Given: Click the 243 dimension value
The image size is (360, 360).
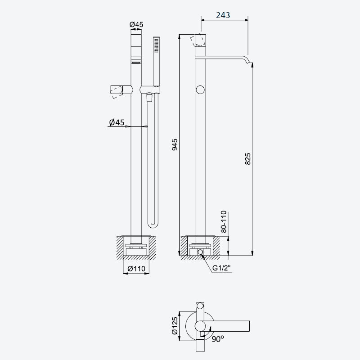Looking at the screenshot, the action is click(223, 15).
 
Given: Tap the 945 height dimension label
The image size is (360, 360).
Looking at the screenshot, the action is click(175, 144).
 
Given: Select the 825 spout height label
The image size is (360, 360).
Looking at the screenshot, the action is click(248, 159).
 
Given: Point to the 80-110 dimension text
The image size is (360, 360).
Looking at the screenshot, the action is click(223, 221).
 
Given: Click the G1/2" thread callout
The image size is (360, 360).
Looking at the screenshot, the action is click(221, 268).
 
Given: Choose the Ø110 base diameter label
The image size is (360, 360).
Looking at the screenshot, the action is click(136, 268).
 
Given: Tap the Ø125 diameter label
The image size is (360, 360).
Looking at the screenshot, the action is click(175, 325).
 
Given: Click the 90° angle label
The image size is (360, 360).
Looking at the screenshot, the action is click(218, 339).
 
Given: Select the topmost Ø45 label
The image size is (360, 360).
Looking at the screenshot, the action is click(136, 24).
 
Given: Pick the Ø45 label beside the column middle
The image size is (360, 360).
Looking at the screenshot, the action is click(117, 122).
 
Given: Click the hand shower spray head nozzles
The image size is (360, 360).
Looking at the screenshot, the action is click(156, 45).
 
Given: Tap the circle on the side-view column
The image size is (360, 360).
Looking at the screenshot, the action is click(200, 90).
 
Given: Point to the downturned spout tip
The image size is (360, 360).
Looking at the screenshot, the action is click(249, 62).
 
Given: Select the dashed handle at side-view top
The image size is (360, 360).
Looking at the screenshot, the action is click(198, 40).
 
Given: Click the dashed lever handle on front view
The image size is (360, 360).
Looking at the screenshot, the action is click(117, 92).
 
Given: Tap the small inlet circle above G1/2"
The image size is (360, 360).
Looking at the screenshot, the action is click(200, 252).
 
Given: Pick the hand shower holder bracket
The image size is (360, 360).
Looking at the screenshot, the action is click(150, 90).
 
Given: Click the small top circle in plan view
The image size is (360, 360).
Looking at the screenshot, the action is click(200, 306).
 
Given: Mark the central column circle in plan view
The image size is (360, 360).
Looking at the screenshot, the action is click(200, 326).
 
